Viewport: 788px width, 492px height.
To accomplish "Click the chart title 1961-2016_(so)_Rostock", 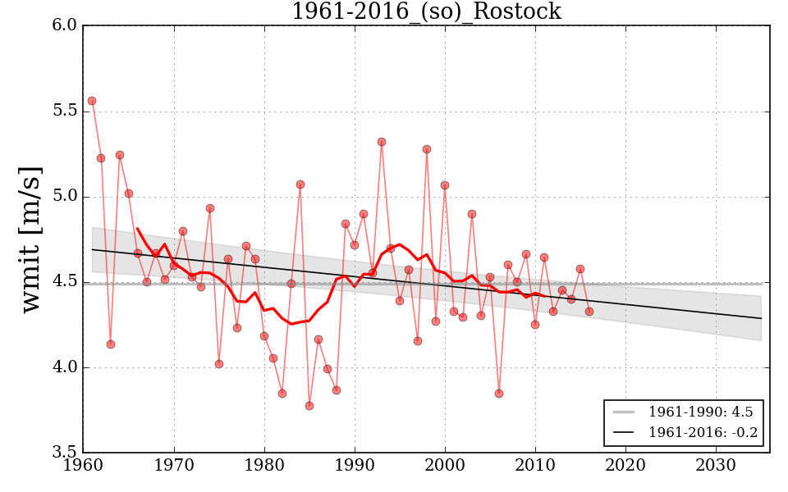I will [x=426, y=11].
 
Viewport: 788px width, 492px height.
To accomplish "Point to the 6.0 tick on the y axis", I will [x=66, y=26].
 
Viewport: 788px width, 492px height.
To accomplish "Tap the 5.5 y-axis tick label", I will [x=66, y=112].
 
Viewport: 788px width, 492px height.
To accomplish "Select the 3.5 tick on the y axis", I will [x=66, y=453].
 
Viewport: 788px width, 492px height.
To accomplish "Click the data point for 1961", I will [x=92, y=101].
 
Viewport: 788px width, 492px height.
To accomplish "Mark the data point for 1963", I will [x=111, y=344].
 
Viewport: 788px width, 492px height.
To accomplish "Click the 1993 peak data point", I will [x=382, y=142].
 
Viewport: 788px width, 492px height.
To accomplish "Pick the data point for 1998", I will [x=427, y=149].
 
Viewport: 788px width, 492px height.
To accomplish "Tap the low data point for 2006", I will [x=499, y=394].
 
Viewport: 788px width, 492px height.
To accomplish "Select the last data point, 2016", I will [x=589, y=312].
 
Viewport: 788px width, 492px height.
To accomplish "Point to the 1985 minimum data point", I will [x=309, y=406].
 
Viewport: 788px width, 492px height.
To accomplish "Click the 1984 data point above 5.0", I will [x=300, y=184].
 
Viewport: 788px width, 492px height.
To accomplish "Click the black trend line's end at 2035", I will [x=761, y=318].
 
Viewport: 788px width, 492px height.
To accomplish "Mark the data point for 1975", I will [x=219, y=364].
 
